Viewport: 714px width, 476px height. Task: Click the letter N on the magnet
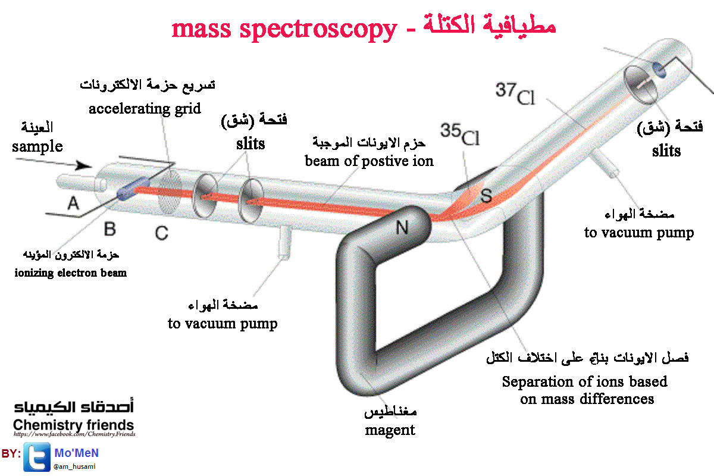[x=402, y=228]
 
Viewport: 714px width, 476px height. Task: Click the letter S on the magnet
[x=486, y=195]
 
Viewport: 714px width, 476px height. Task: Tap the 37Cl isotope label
[x=515, y=93]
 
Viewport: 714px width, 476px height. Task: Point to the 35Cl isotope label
[x=460, y=134]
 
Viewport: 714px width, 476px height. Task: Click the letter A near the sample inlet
[x=73, y=203]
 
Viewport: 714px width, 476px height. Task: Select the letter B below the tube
[x=110, y=229]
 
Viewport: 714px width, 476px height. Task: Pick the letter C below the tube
[x=162, y=233]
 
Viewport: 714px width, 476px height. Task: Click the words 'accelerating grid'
[x=145, y=109]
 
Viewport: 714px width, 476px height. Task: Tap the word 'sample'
[x=37, y=146]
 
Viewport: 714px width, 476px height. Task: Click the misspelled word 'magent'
[x=390, y=430]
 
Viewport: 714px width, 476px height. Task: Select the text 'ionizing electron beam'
[x=70, y=273]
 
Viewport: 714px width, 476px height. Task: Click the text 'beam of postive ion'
[x=369, y=161]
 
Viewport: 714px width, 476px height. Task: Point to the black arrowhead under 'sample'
[x=84, y=166]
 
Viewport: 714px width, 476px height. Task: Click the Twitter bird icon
[x=37, y=456]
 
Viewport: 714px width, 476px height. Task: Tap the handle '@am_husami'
[x=74, y=466]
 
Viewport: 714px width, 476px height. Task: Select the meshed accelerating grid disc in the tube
[x=170, y=192]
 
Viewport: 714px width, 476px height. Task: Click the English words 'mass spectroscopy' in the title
[x=284, y=29]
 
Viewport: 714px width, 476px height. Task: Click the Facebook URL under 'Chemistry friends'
[x=74, y=434]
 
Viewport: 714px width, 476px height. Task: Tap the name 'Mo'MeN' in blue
[x=77, y=453]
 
